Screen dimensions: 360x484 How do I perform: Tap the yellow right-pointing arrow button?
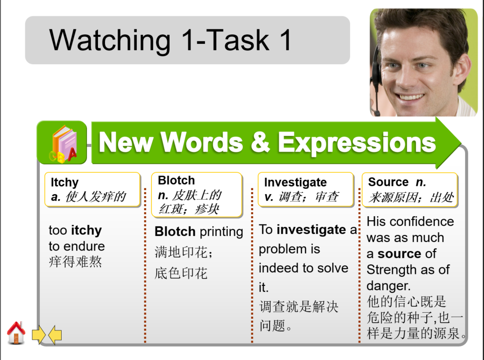pos(39,335)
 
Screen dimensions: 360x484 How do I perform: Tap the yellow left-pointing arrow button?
pos(55,335)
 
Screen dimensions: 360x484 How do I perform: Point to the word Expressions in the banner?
pos(357,142)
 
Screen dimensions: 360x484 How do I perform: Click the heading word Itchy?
pos(65,183)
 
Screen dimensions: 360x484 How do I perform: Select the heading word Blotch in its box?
pos(176,181)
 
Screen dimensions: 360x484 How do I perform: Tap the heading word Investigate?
pos(295,183)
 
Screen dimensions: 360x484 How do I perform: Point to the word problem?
pos(282,249)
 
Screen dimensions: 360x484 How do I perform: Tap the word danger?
pos(388,286)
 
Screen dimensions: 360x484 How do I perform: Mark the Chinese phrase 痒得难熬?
pos(76,261)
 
